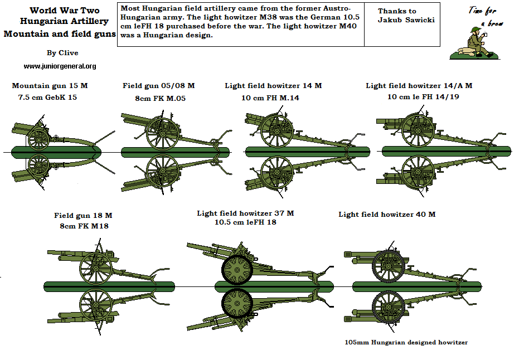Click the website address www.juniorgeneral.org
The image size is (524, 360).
60,66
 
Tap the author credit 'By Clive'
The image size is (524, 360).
62,53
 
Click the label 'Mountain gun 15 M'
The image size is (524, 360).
50,86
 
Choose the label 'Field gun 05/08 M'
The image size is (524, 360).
159,86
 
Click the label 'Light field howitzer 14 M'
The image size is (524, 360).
273,86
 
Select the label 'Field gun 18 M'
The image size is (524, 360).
83,215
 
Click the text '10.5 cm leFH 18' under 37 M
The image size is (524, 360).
245,222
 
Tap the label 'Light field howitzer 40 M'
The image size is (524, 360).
387,215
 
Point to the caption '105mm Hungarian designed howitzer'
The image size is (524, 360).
406,342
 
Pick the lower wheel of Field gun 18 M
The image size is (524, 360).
96,306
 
